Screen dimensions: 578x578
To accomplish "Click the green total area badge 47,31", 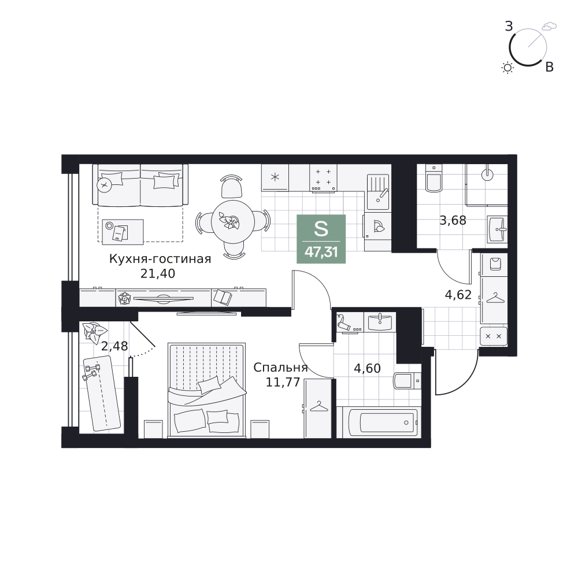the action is coord(321,239).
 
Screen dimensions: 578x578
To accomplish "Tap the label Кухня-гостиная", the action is coord(160,259).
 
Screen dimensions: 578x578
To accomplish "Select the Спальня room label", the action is coord(280,368).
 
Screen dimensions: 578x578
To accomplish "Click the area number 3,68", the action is coord(453,220).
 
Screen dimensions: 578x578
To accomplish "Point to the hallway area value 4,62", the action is coord(458,295).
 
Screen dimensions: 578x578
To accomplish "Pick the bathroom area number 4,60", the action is coord(367,368).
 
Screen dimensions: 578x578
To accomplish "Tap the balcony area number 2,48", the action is coord(114,346).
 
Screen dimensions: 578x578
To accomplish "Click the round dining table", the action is coord(232,222).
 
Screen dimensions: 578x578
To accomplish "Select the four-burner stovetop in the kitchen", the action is coord(323,177).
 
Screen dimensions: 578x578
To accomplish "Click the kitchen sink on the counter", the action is coord(378,192).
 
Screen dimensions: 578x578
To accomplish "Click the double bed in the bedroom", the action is coord(207,390).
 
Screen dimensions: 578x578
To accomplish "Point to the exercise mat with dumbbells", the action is coord(102,393).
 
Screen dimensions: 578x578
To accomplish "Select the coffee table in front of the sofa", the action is coord(123,232).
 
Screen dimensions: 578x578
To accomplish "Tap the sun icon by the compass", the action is coord(507,68).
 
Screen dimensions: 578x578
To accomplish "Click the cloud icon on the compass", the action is coord(549,26).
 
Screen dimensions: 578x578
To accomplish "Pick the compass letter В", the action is coord(549,67).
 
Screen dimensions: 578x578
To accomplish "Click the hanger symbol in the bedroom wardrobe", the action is coord(319,407).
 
